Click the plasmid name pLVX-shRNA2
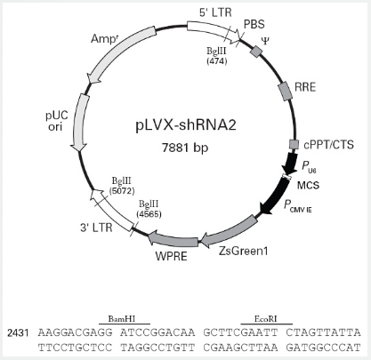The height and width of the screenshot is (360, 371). click(x=186, y=125)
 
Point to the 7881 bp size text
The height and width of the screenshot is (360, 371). click(x=185, y=148)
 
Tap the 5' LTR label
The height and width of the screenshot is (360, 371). click(x=215, y=12)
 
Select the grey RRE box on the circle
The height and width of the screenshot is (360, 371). click(x=285, y=91)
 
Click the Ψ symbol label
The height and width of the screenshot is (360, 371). click(x=265, y=41)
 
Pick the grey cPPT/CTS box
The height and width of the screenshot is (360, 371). click(x=294, y=145)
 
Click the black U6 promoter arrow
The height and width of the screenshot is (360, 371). click(x=290, y=164)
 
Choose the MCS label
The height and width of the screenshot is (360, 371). click(x=308, y=186)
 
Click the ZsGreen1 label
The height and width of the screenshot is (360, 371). click(x=244, y=252)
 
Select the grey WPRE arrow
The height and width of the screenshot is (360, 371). click(x=173, y=239)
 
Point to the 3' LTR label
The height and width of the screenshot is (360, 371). click(x=96, y=228)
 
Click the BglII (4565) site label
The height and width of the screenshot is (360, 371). click(x=149, y=209)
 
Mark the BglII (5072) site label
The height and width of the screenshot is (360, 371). click(x=122, y=186)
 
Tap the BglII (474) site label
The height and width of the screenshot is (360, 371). click(x=216, y=56)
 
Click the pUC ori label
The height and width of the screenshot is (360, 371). click(x=57, y=121)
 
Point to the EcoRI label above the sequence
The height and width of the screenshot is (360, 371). click(x=265, y=319)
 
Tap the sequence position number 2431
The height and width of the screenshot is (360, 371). click(x=19, y=332)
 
